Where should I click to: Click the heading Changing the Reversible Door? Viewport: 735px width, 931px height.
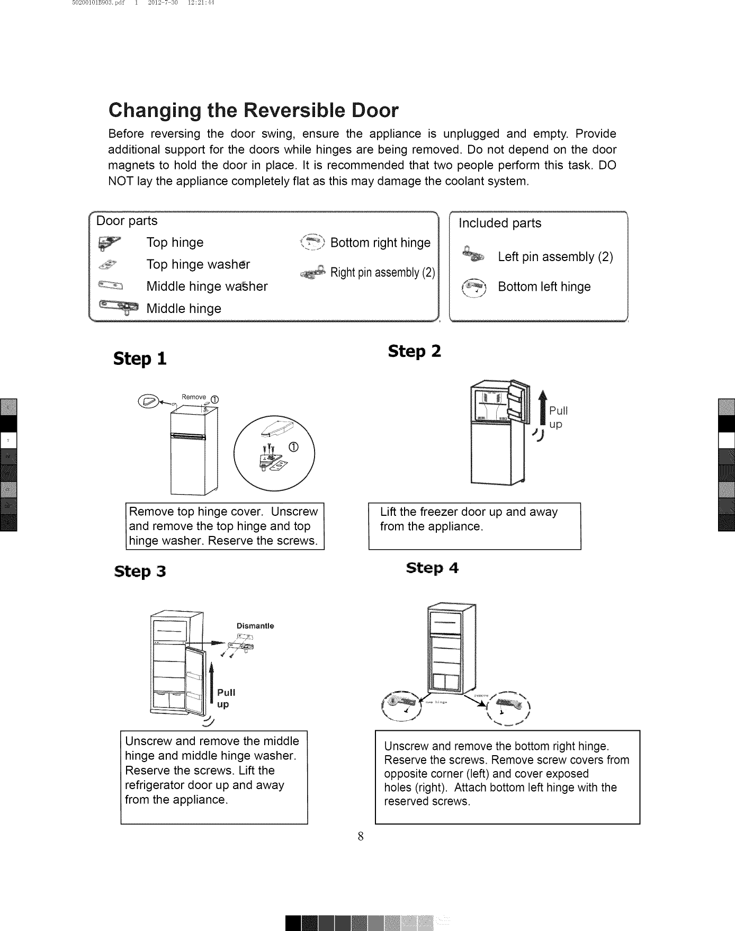253,110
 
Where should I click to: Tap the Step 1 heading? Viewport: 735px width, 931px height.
140,359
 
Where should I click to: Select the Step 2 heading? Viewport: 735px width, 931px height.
414,351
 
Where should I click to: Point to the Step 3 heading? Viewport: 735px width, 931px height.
140,571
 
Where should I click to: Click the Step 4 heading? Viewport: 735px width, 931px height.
432,568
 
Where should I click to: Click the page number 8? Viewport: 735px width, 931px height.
360,837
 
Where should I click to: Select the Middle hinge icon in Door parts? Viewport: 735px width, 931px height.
118,308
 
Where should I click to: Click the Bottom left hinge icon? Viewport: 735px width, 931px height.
474,287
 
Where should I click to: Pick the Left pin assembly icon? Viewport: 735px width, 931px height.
474,255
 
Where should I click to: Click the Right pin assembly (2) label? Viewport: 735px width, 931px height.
382,273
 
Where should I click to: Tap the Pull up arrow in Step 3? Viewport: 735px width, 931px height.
211,683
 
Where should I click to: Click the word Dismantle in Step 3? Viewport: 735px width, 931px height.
255,626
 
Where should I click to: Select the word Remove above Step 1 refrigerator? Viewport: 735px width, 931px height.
193,397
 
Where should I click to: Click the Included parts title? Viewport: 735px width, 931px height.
499,223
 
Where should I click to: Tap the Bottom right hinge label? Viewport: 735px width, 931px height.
380,243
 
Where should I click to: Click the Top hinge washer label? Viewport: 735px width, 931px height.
198,264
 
